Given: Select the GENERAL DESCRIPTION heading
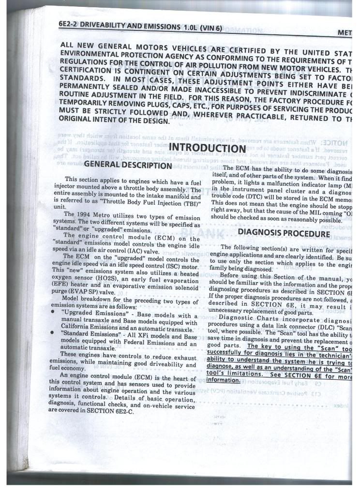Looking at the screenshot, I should (128, 165).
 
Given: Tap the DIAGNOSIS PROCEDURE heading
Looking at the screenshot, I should (284, 233).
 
